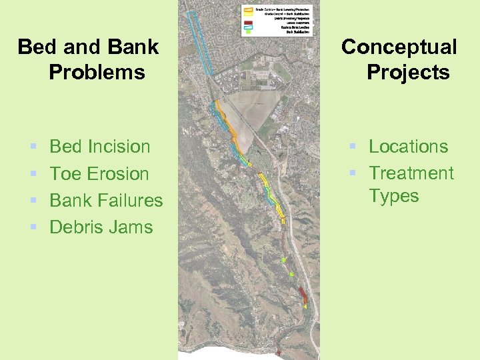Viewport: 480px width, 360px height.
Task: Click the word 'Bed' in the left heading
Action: click(x=35, y=47)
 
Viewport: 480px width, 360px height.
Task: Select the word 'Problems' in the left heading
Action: click(x=97, y=72)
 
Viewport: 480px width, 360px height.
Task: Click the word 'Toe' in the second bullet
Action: click(x=65, y=173)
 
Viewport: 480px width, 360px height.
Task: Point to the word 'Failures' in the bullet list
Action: click(x=130, y=200)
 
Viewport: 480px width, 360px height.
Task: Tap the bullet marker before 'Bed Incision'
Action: click(x=33, y=147)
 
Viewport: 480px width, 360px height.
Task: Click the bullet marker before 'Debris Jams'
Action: click(x=33, y=227)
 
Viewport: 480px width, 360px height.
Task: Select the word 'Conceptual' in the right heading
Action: click(x=399, y=47)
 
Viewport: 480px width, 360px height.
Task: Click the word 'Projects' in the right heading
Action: click(x=408, y=72)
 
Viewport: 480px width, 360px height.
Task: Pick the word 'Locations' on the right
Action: click(x=408, y=147)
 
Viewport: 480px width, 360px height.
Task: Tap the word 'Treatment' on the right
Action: click(x=411, y=173)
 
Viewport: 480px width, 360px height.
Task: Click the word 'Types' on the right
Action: click(x=393, y=196)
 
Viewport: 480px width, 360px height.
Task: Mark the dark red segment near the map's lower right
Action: click(x=302, y=293)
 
